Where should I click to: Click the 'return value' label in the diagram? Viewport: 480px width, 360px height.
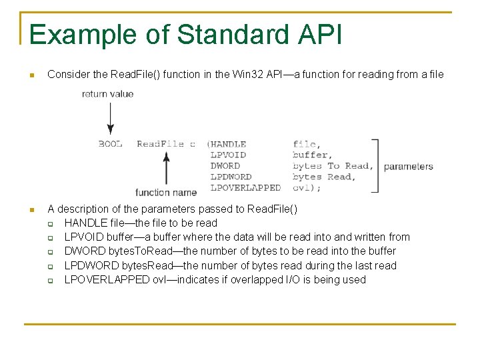point(107,94)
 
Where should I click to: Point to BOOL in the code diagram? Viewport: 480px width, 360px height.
point(110,144)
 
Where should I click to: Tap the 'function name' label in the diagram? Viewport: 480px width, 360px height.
point(166,193)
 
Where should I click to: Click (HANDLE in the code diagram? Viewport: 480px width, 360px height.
point(226,144)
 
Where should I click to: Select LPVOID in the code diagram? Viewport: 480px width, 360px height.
point(228,155)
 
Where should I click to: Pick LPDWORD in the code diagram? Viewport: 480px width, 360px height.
point(231,177)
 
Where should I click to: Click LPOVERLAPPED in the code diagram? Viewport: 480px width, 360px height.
point(245,188)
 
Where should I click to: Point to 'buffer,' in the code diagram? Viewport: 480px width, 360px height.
point(311,155)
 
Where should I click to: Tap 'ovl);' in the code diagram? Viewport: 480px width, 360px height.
point(307,188)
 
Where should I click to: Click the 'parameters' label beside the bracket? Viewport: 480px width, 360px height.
point(408,166)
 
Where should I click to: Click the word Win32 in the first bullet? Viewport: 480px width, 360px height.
point(249,75)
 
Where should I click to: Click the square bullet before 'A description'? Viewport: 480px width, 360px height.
point(31,209)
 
